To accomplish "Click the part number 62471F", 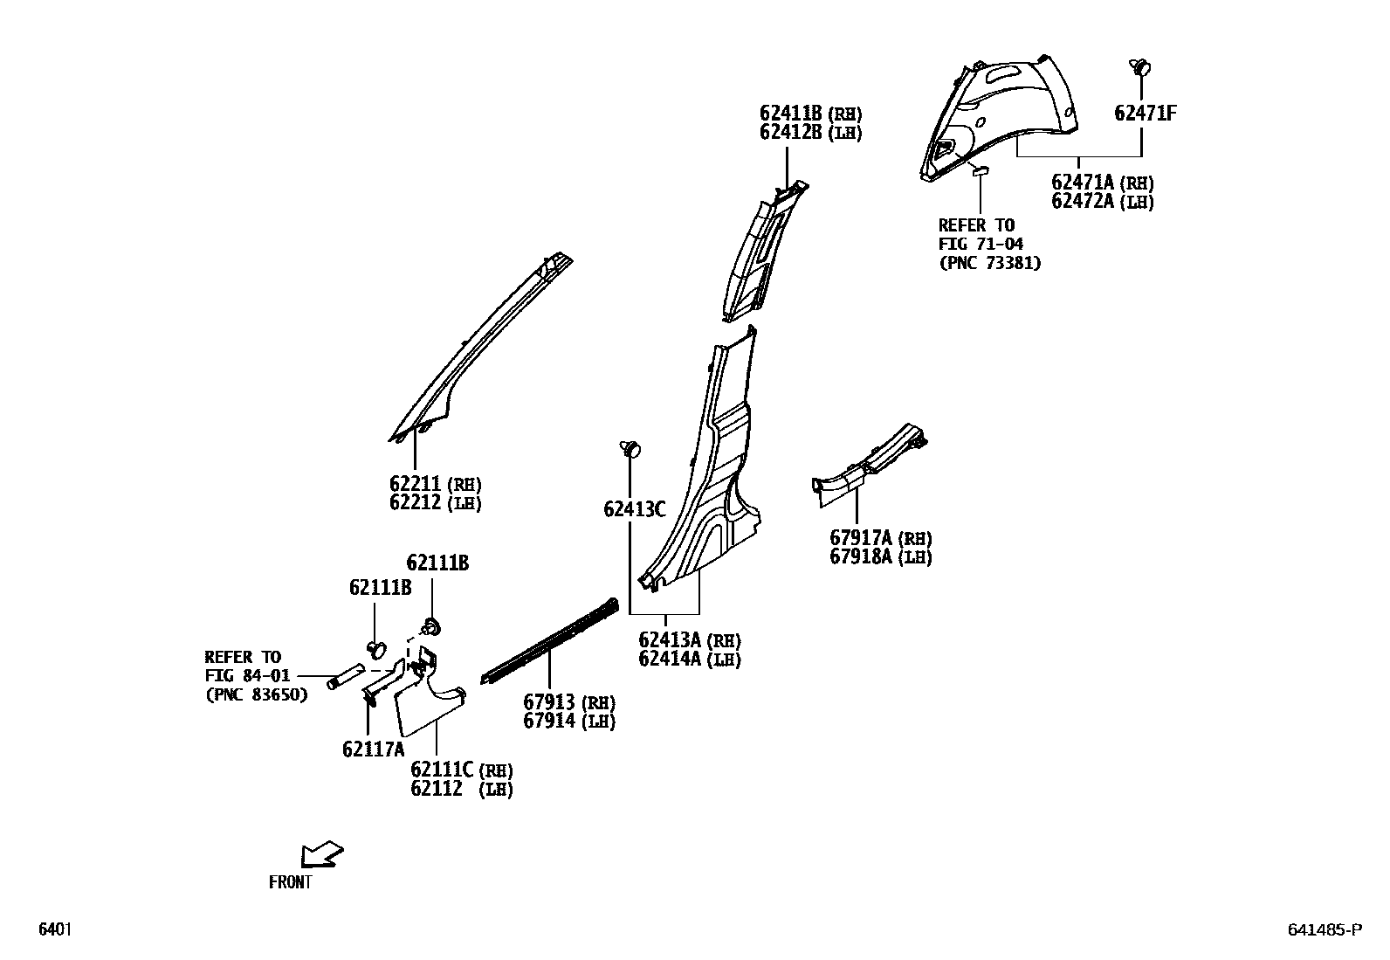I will pos(1145,113).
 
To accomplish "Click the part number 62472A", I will pos(1083,202).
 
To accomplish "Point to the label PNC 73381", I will pos(990,263).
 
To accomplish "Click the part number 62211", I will pos(416,484).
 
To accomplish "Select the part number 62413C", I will pos(635,508).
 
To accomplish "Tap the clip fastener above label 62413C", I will pos(630,449).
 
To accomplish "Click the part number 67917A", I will pos(861,538).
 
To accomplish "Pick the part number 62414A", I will pos(670,660).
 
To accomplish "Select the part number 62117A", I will pos(373,749).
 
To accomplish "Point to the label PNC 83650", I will pos(257,695).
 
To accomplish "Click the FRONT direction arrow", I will pos(321,853).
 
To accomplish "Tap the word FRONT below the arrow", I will pos(290,882).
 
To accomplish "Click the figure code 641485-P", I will pos(1324,930).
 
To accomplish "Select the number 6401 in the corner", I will pos(54,929).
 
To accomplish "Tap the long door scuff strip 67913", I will pos(550,640).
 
